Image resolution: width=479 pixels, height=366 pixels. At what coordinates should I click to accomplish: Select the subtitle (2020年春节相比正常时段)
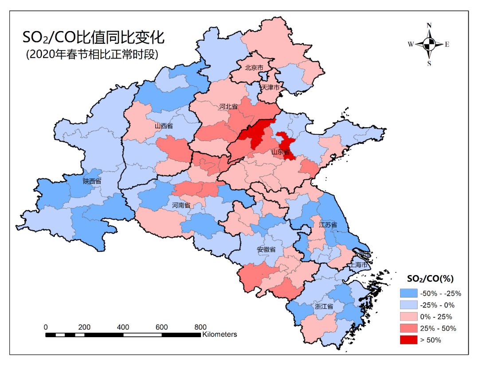[x=92, y=54]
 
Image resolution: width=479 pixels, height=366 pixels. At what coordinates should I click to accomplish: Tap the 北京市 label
[x=254, y=68]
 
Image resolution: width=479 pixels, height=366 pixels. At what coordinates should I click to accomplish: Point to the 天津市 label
[x=271, y=87]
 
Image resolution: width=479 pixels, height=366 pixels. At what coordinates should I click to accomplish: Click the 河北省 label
[x=228, y=107]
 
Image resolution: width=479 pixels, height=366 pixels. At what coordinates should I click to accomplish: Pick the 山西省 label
[x=164, y=126]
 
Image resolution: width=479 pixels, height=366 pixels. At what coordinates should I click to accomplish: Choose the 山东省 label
[x=280, y=152]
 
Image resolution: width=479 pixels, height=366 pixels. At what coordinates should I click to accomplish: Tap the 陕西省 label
[x=92, y=181]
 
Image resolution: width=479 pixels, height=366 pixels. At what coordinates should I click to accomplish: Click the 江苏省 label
[x=328, y=225]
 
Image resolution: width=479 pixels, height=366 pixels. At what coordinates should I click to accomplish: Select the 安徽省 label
[x=266, y=249]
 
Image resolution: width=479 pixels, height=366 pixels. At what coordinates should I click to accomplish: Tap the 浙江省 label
[x=324, y=306]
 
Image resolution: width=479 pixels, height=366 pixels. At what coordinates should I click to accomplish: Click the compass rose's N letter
[x=429, y=26]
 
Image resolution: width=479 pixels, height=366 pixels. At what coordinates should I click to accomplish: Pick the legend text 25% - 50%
[x=438, y=328]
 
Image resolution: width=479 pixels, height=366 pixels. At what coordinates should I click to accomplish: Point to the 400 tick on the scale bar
[x=123, y=327]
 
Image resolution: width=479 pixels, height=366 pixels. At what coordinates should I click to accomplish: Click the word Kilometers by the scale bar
[x=220, y=334]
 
